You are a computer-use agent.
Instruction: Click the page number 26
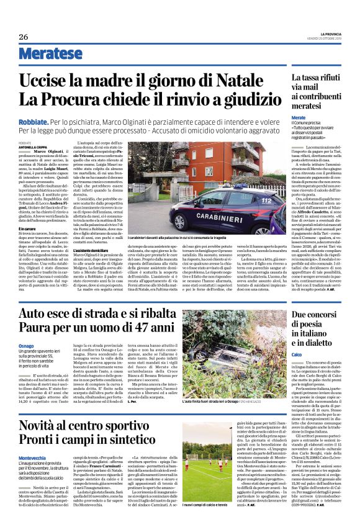[x=23, y=37]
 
